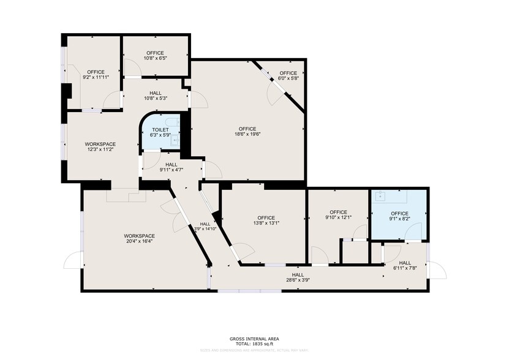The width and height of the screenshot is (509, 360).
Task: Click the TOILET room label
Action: pos(160,130)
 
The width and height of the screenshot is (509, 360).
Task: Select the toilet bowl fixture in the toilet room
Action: pos(174,122)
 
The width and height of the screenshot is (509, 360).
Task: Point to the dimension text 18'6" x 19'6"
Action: pos(247,135)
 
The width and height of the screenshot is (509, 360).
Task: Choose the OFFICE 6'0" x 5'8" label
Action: pos(288,75)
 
